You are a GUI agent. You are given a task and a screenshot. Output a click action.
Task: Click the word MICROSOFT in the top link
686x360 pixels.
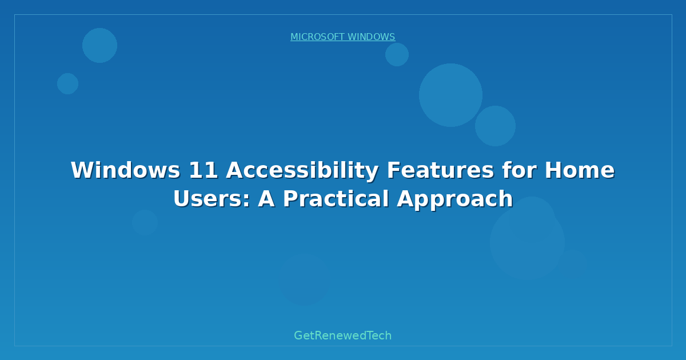click(317, 37)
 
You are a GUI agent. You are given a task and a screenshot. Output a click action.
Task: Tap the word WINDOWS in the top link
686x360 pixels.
click(371, 37)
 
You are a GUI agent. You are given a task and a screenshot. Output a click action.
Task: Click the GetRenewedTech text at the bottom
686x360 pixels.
click(342, 335)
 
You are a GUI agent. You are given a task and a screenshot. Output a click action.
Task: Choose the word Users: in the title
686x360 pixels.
click(212, 199)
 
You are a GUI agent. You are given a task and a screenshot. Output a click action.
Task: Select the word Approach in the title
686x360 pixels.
click(455, 199)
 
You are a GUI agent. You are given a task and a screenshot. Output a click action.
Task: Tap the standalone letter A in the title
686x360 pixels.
click(266, 199)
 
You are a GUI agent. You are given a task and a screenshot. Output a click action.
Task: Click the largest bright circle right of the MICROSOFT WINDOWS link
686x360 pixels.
click(450, 95)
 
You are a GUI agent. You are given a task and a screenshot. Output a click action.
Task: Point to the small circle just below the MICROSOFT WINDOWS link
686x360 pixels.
click(397, 55)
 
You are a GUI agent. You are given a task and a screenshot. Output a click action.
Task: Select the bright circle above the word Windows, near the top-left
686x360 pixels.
click(99, 45)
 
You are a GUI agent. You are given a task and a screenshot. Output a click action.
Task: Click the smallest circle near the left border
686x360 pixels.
click(67, 83)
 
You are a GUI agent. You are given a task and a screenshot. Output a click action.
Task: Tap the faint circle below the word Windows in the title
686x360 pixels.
click(145, 222)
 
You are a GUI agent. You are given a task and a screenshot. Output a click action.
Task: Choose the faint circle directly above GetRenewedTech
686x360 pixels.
click(305, 279)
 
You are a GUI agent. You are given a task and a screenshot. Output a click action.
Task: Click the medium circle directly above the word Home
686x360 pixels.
click(495, 126)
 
